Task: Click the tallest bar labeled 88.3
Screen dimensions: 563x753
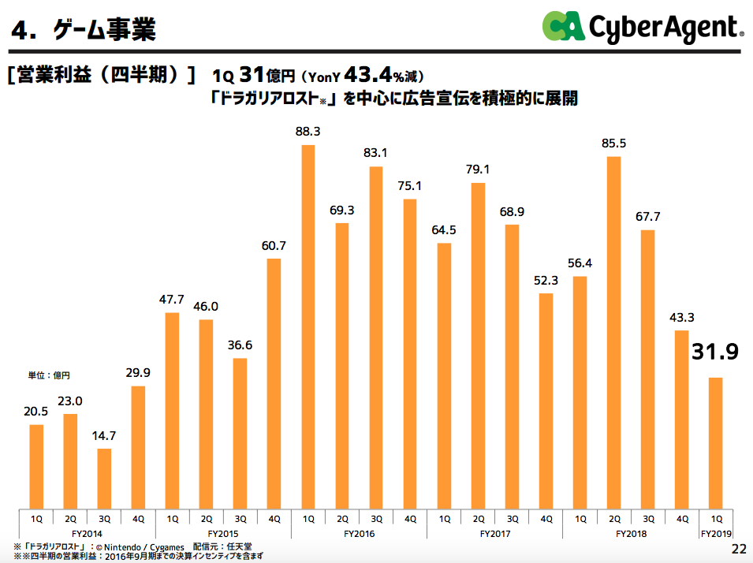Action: pyautogui.click(x=308, y=326)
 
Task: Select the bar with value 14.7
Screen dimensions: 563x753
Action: pyautogui.click(x=104, y=479)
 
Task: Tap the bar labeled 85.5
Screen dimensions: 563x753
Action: pyautogui.click(x=614, y=332)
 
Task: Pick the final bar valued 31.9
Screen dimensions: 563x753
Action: pyautogui.click(x=716, y=442)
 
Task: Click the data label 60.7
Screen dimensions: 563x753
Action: pyautogui.click(x=274, y=246)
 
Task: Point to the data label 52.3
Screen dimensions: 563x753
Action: pyautogui.click(x=546, y=281)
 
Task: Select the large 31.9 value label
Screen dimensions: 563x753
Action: pyautogui.click(x=714, y=352)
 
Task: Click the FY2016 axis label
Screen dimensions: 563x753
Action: pyautogui.click(x=360, y=534)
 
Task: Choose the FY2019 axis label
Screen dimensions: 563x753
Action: pyautogui.click(x=716, y=534)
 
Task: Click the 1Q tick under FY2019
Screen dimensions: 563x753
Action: pyautogui.click(x=716, y=518)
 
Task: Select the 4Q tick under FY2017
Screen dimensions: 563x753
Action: pyautogui.click(x=546, y=518)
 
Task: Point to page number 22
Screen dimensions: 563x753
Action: pyautogui.click(x=739, y=549)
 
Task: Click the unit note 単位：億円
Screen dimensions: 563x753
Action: pyautogui.click(x=50, y=375)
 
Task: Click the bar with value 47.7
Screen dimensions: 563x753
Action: pyautogui.click(x=172, y=410)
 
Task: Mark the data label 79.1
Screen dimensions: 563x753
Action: pyautogui.click(x=478, y=169)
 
